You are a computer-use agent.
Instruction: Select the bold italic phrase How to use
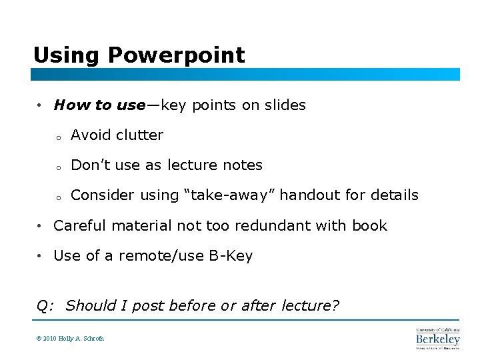(99, 105)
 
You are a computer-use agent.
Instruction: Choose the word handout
(306, 195)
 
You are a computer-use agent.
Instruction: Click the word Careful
(80, 225)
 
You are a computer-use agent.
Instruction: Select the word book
(369, 225)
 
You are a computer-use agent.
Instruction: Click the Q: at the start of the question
(45, 306)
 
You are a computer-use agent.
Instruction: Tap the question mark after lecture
(336, 305)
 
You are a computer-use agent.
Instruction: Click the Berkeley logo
(438, 338)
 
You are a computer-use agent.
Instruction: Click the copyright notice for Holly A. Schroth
(70, 338)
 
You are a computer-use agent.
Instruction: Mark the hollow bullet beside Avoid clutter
(59, 137)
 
